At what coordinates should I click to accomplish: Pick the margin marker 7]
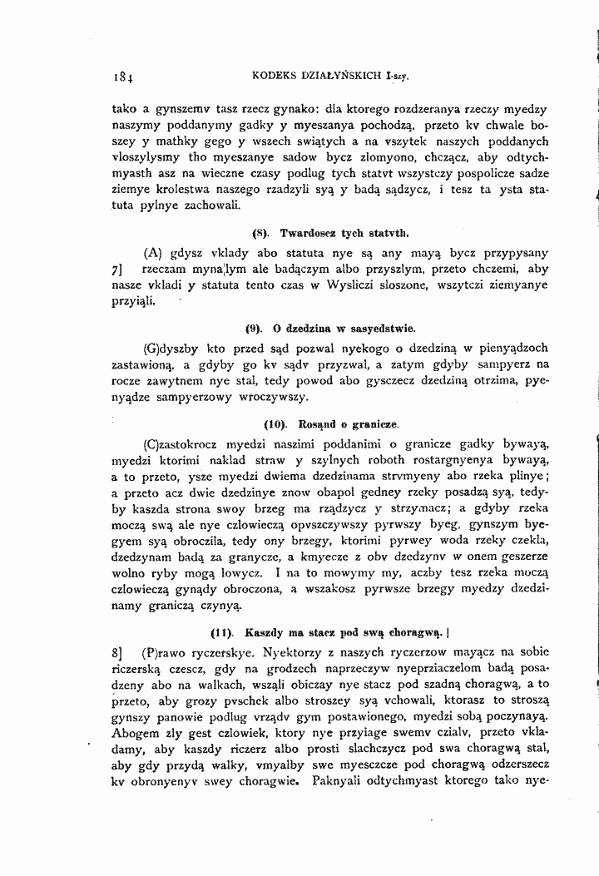pyautogui.click(x=116, y=270)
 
